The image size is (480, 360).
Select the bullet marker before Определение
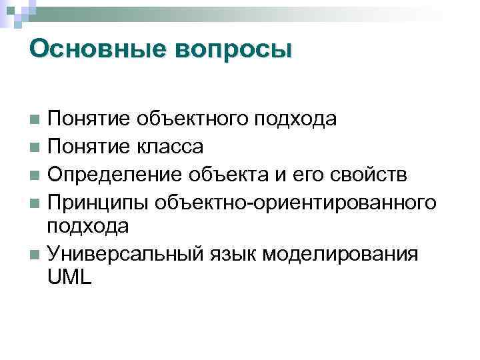35,175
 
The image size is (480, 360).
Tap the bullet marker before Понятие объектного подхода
35,121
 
